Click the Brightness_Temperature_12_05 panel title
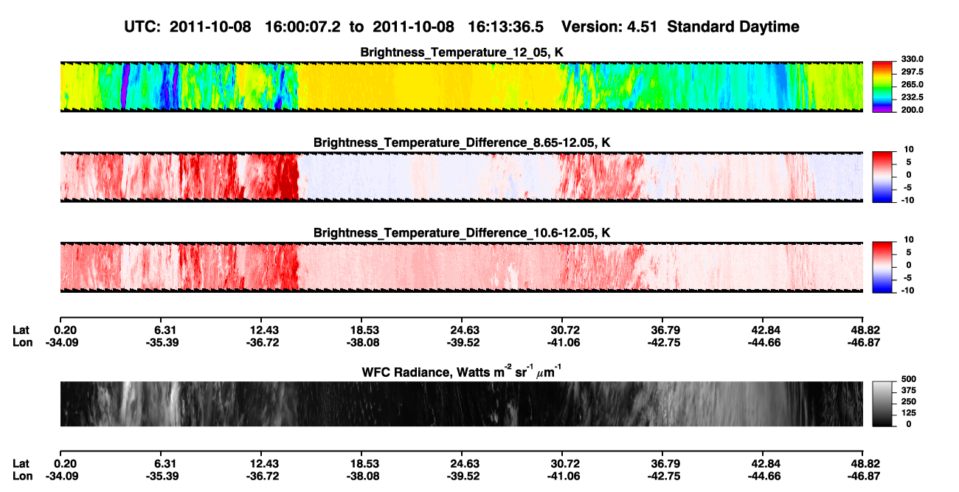pyautogui.click(x=462, y=52)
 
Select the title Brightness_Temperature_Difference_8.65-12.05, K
pyautogui.click(x=462, y=142)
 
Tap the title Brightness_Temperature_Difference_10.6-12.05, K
pyautogui.click(x=462, y=233)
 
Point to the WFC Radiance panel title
pyautogui.click(x=462, y=371)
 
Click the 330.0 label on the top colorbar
pyautogui.click(x=912, y=59)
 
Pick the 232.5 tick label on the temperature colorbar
pyautogui.click(x=912, y=97)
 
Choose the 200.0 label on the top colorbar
pyautogui.click(x=912, y=110)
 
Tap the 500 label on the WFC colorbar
pyautogui.click(x=909, y=379)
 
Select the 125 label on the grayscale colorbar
pyautogui.click(x=909, y=413)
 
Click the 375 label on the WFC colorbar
pyautogui.click(x=909, y=390)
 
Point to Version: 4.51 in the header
pyautogui.click(x=609, y=27)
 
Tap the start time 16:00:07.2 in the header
pyautogui.click(x=302, y=27)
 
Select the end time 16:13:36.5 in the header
pyautogui.click(x=505, y=27)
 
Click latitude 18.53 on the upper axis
pyautogui.click(x=363, y=330)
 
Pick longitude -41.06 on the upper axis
pyautogui.click(x=564, y=342)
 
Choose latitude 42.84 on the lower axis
pyautogui.click(x=764, y=464)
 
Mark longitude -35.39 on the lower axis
pyautogui.click(x=162, y=477)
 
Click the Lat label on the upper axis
pyautogui.click(x=21, y=330)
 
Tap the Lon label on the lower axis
pyautogui.click(x=23, y=477)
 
